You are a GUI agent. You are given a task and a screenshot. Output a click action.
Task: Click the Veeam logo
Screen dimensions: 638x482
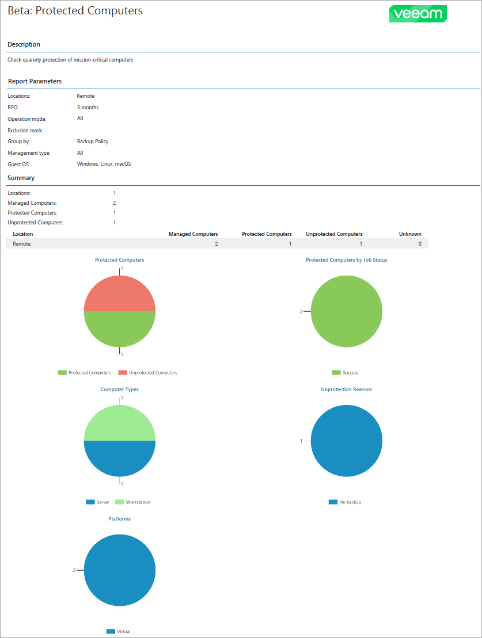418,14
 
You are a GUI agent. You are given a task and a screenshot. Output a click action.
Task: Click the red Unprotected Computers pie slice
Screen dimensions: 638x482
120,294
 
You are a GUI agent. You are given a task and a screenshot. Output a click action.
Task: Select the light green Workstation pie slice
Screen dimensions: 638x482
120,423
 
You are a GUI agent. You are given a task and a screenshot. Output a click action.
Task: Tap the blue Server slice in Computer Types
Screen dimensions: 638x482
120,458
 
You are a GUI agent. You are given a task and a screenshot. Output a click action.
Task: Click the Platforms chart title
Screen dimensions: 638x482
120,519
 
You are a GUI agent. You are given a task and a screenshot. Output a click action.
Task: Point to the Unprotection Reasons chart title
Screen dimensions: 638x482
346,389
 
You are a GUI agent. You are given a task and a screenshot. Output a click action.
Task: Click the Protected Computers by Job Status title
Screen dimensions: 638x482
346,260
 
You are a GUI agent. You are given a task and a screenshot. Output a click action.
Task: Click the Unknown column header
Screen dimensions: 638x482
410,234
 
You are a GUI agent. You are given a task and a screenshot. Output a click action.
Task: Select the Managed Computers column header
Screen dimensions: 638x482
193,234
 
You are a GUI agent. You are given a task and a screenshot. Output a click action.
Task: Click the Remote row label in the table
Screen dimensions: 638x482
22,244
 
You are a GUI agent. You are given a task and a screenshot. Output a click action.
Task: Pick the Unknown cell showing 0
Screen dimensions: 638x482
419,244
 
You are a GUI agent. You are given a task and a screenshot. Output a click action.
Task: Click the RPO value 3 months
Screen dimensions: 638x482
88,108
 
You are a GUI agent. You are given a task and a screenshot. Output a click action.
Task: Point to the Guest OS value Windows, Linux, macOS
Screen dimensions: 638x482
104,164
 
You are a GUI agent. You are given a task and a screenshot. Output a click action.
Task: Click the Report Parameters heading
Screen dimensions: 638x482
35,81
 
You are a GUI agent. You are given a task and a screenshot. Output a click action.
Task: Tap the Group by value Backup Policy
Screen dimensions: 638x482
93,142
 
